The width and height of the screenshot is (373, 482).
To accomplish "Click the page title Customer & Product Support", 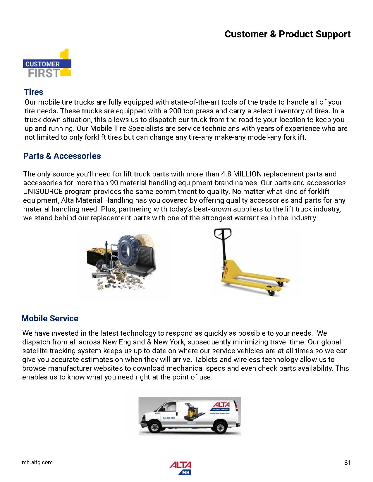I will click(287, 34).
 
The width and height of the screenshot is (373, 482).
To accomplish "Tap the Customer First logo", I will click(47, 64).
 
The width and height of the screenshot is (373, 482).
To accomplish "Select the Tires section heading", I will click(34, 92).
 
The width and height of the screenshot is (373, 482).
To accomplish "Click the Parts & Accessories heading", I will click(62, 156).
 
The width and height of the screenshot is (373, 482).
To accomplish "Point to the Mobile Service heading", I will click(50, 318).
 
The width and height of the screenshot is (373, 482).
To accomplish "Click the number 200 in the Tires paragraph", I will click(175, 111).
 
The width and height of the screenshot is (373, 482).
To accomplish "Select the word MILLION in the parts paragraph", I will click(247, 174).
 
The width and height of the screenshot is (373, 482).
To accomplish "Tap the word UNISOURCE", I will click(43, 192).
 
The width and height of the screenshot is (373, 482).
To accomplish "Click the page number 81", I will click(347, 462).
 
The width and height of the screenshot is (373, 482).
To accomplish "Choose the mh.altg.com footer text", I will click(37, 462).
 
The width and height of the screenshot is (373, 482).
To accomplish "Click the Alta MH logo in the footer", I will click(180, 468).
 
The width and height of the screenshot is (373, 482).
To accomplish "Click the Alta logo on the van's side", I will click(221, 405).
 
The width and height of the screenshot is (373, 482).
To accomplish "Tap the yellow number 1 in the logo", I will click(66, 62).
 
